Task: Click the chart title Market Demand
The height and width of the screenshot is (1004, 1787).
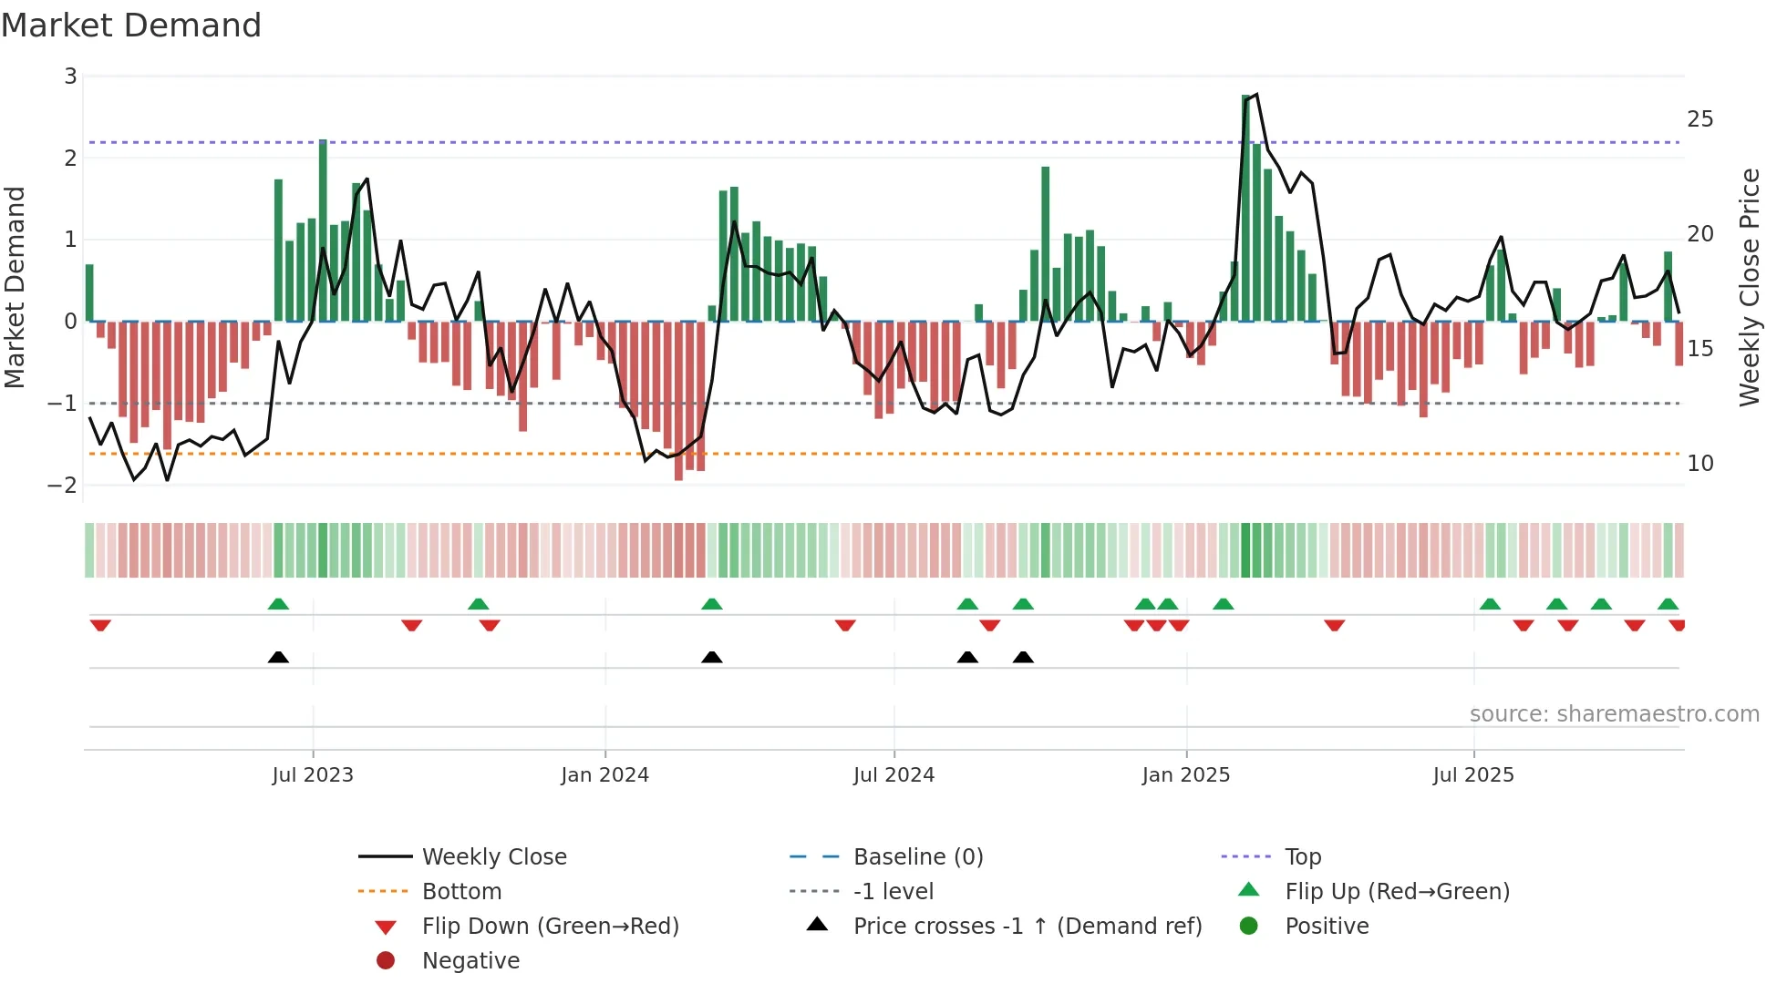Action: click(x=131, y=26)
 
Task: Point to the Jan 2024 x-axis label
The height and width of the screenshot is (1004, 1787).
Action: click(x=604, y=775)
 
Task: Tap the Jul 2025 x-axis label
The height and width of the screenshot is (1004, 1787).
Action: click(x=1472, y=775)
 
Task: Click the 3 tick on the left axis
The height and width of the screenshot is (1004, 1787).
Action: click(x=70, y=77)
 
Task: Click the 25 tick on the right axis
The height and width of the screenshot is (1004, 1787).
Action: click(x=1699, y=119)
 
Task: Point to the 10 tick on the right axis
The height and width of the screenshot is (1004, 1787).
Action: click(x=1699, y=464)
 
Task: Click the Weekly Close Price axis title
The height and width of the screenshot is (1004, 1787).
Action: click(x=1749, y=287)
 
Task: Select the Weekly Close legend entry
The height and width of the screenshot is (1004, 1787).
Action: click(x=493, y=857)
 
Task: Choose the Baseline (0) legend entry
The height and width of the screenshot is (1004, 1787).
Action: click(x=917, y=857)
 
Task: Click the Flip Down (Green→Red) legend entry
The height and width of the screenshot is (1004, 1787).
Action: click(x=550, y=927)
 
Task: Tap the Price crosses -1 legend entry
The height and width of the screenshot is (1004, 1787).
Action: click(x=1027, y=927)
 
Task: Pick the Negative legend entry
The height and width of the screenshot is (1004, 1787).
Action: click(x=470, y=961)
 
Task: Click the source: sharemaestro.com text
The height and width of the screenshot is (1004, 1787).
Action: click(x=1614, y=714)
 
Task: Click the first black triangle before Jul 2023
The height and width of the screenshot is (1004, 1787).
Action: click(x=278, y=657)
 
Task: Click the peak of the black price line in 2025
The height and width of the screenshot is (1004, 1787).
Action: click(x=1257, y=94)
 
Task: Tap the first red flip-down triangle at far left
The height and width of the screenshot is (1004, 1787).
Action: click(x=100, y=626)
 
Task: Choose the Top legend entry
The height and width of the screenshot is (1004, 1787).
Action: click(x=1302, y=857)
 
